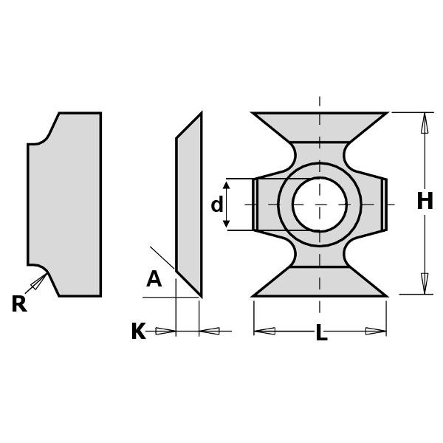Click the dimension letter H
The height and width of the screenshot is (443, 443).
[x=425, y=202]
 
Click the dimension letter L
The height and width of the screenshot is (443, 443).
[x=321, y=334]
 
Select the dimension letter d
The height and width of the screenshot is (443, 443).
[x=216, y=205]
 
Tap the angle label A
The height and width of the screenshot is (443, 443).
[x=154, y=279]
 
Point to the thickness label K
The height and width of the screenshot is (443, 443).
[x=138, y=332]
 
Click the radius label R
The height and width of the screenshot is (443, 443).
[x=18, y=304]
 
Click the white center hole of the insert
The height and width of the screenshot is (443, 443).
[x=319, y=204]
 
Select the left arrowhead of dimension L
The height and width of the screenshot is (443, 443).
[x=264, y=331]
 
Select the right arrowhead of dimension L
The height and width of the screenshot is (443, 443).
[x=376, y=331]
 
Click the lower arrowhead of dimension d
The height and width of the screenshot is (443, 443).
[x=227, y=221]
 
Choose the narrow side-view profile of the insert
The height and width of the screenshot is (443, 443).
[x=189, y=204]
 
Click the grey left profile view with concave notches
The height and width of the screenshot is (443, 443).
[x=66, y=204]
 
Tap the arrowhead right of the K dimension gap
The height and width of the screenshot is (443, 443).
[x=210, y=331]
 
